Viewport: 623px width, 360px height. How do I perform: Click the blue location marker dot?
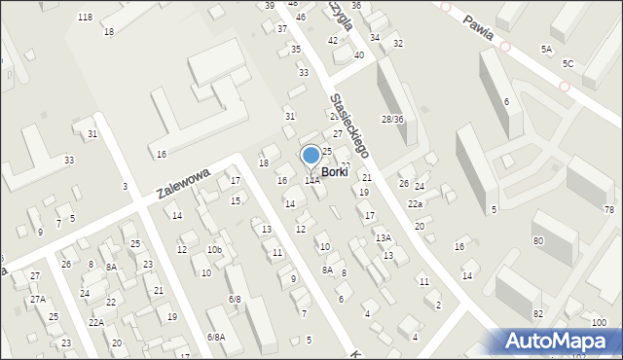tap(311, 154)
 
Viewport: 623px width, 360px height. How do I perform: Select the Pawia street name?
tap(486, 31)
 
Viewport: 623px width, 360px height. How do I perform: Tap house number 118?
tap(85, 18)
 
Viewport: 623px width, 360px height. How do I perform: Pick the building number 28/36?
tap(392, 119)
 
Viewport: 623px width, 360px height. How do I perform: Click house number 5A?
tap(547, 49)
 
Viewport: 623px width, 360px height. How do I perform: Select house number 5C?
tap(568, 63)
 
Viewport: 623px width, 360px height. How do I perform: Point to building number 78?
tap(609, 210)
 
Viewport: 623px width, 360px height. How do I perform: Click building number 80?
tap(537, 240)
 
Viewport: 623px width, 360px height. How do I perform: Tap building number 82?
tap(537, 313)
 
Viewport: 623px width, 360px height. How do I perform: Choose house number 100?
tap(598, 323)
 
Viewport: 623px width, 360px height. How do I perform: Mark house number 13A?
tap(384, 237)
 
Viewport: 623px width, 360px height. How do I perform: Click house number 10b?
tap(214, 250)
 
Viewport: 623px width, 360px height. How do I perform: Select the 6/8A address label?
tap(216, 337)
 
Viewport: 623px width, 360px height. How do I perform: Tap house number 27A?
tap(37, 300)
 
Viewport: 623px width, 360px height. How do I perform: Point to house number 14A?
tap(311, 180)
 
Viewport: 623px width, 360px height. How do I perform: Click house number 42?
tap(333, 41)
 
